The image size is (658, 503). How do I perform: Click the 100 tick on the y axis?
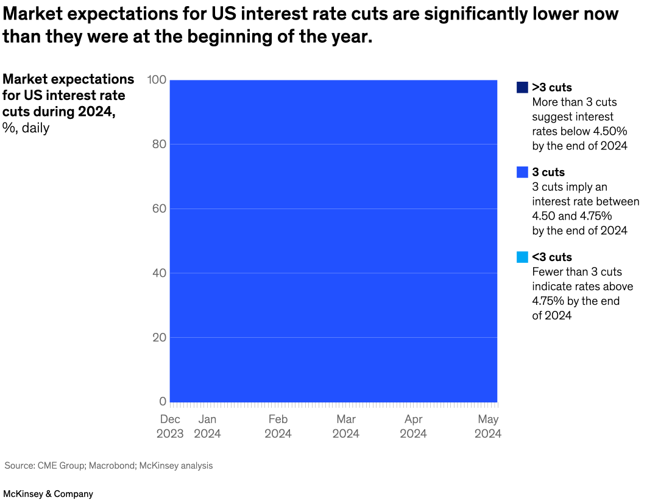click(x=157, y=80)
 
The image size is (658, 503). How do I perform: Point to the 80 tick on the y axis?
click(x=158, y=144)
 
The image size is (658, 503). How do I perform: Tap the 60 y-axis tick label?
click(x=158, y=209)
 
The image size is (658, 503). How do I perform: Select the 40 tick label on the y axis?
click(x=158, y=273)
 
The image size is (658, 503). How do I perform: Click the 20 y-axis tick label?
click(x=158, y=337)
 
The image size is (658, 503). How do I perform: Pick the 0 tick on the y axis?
click(x=163, y=401)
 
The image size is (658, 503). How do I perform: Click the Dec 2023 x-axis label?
click(x=170, y=427)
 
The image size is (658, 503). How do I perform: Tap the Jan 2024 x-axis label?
click(x=207, y=427)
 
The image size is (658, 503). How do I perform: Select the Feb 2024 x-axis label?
click(x=278, y=427)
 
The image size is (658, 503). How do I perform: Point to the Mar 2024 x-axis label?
click(x=346, y=427)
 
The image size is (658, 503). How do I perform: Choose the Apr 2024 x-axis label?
click(x=414, y=427)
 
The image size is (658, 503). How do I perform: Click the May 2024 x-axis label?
click(x=488, y=427)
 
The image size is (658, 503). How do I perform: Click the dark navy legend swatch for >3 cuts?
click(x=522, y=87)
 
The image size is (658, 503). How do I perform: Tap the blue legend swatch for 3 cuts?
click(x=522, y=173)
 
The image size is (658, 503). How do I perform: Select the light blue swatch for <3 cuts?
click(x=522, y=257)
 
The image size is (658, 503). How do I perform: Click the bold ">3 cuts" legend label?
click(x=552, y=87)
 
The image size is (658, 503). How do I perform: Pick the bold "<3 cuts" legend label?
click(x=552, y=257)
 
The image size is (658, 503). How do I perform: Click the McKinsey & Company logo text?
click(x=48, y=494)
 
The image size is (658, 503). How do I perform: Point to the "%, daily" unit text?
click(x=26, y=128)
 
